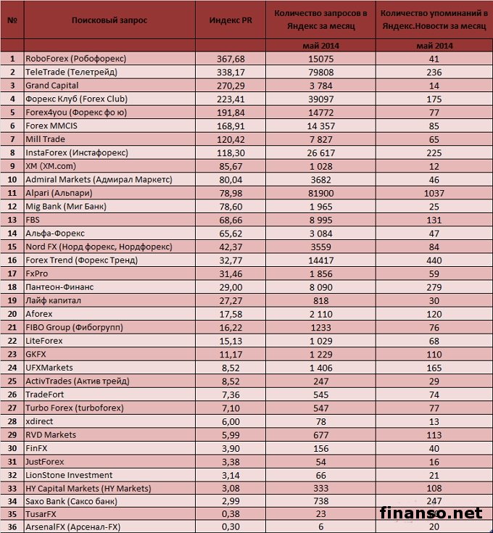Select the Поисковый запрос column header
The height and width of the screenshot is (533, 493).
click(109, 20)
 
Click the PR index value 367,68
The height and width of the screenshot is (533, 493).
click(231, 59)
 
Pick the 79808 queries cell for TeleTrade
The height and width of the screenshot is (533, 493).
click(320, 73)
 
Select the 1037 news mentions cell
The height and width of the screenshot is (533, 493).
click(435, 194)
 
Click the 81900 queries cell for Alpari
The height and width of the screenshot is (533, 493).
click(320, 194)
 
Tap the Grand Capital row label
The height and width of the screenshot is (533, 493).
click(53, 86)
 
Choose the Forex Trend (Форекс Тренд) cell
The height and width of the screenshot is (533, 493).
click(81, 260)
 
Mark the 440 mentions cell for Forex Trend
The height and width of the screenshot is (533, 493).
click(435, 260)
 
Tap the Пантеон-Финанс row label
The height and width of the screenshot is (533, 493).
click(59, 287)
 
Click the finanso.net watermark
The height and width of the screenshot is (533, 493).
click(431, 513)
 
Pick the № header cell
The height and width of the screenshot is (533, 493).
click(12, 20)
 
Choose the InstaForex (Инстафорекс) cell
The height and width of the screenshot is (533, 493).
click(76, 153)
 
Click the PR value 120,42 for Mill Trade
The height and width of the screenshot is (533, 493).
click(231, 139)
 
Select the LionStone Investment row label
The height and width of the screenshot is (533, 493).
click(68, 475)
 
